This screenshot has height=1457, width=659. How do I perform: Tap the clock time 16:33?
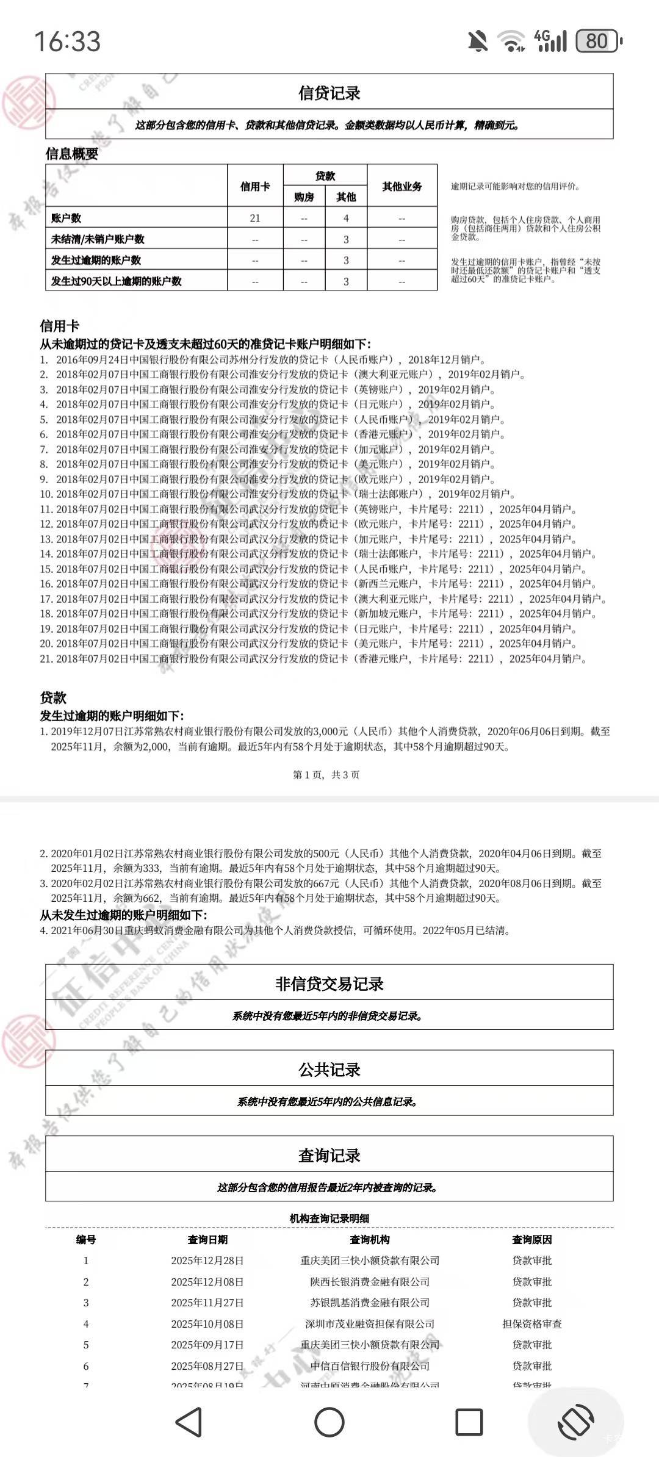pyautogui.click(x=67, y=41)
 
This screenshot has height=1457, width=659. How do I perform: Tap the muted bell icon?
pyautogui.click(x=478, y=41)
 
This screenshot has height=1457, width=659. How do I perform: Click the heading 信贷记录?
pyautogui.click(x=329, y=93)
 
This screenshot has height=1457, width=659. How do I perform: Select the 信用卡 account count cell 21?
pyautogui.click(x=255, y=218)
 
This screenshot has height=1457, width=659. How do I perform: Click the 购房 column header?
pyautogui.click(x=304, y=197)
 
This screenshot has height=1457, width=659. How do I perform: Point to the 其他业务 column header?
pyautogui.click(x=402, y=186)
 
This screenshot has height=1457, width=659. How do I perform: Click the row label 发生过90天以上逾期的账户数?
pyautogui.click(x=117, y=281)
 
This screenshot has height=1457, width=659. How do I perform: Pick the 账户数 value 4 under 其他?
pyautogui.click(x=346, y=218)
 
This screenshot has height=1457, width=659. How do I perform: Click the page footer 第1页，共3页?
pyautogui.click(x=326, y=775)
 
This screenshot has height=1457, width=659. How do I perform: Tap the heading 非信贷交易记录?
pyautogui.click(x=329, y=984)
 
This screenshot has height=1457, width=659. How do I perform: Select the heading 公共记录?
pyautogui.click(x=329, y=1070)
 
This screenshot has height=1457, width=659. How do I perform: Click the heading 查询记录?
pyautogui.click(x=329, y=1155)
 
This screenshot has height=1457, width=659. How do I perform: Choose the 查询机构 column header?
pyautogui.click(x=369, y=1239)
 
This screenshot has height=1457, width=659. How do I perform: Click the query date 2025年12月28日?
pyautogui.click(x=207, y=1260)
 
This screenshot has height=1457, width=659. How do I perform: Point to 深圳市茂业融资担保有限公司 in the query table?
pyautogui.click(x=370, y=1323)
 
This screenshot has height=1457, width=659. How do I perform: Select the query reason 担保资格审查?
pyautogui.click(x=531, y=1323)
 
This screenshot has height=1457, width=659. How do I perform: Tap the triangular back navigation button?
pyautogui.click(x=189, y=1422)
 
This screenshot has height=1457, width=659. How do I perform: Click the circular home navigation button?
pyautogui.click(x=329, y=1422)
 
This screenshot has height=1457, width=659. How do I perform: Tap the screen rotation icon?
pyautogui.click(x=576, y=1422)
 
